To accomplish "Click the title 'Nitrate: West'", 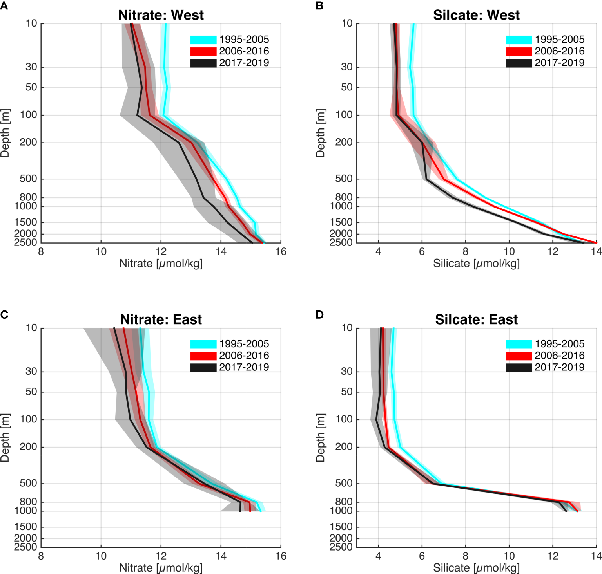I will (x=161, y=15).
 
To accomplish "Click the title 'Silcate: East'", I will (x=476, y=320).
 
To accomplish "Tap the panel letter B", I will (x=319, y=6).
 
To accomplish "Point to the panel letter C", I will (x=4, y=315).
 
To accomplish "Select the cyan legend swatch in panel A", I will (x=203, y=40).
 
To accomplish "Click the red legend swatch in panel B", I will (x=519, y=51).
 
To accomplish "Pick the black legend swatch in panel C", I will (x=203, y=368).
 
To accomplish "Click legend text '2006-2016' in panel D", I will (x=559, y=356).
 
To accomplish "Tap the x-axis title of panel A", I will (x=161, y=264).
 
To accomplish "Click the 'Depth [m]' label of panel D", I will (x=320, y=437).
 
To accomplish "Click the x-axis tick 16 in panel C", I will (x=281, y=556).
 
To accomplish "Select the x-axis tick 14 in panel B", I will (x=596, y=251).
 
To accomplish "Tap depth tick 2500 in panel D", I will (x=341, y=547).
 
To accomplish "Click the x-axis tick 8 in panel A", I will (x=41, y=251).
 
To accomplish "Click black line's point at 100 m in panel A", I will (x=137, y=115).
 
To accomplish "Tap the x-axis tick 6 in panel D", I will (x=422, y=556).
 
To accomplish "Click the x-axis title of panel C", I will (x=161, y=568).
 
